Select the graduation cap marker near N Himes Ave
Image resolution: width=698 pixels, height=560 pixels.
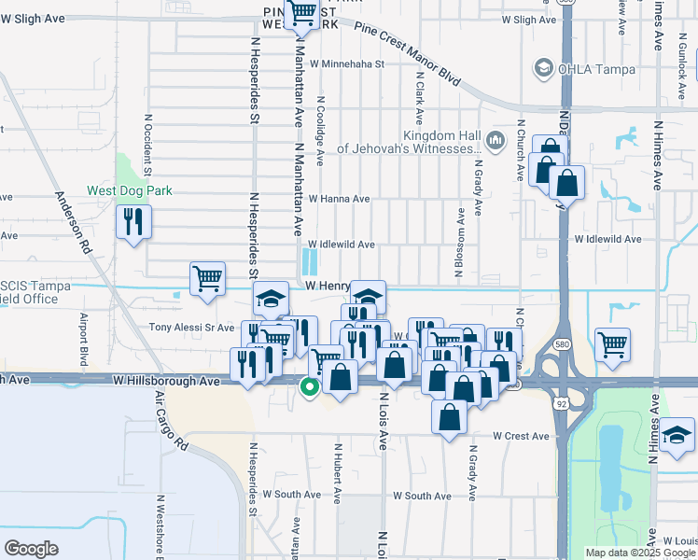(676, 436)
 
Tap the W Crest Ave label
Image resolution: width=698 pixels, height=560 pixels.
(521, 436)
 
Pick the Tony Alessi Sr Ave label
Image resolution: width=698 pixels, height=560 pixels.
(192, 328)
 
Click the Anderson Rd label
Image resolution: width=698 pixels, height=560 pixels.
(71, 223)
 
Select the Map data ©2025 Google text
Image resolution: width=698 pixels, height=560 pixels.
(639, 553)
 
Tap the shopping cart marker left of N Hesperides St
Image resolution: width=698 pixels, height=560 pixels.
(207, 278)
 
